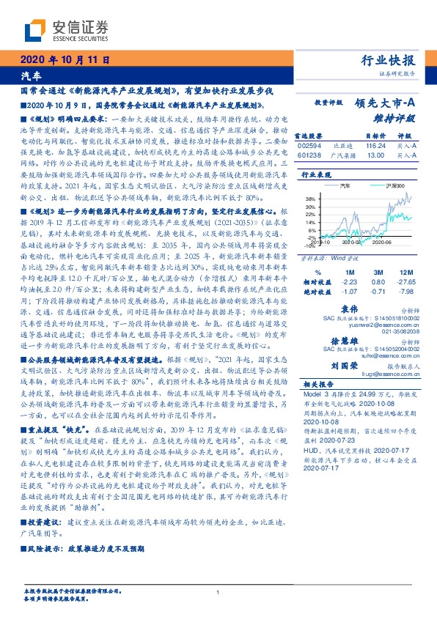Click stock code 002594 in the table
coord(309,147)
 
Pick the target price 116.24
coord(375,147)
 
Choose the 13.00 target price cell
coord(375,155)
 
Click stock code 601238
coord(309,155)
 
